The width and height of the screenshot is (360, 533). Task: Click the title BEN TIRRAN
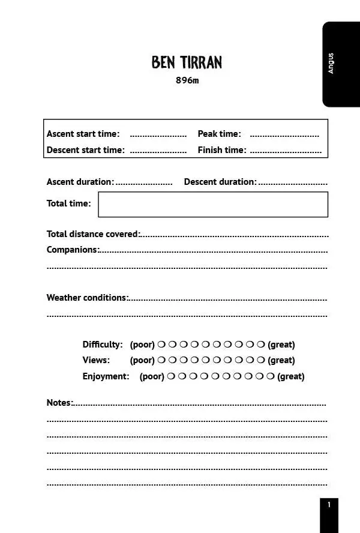click(x=187, y=62)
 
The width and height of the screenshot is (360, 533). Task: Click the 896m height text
click(x=187, y=81)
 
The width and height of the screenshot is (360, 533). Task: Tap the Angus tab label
click(x=331, y=64)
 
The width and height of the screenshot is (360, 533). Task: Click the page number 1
click(x=329, y=505)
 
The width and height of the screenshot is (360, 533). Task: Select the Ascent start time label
click(x=83, y=134)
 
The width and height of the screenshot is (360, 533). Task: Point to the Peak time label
click(x=219, y=134)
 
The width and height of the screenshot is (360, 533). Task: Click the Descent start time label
click(x=85, y=150)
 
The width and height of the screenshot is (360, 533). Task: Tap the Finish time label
click(x=221, y=150)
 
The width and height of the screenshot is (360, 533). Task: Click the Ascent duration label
click(x=80, y=182)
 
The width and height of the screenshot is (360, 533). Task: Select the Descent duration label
click(x=220, y=182)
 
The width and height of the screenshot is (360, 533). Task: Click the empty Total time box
click(x=213, y=204)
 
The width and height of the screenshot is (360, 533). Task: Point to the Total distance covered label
click(x=93, y=234)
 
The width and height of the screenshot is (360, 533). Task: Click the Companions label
click(x=73, y=250)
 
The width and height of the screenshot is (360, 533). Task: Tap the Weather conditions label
click(x=87, y=298)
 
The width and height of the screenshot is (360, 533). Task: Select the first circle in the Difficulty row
click(x=161, y=345)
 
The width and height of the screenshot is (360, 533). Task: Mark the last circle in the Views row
click(x=260, y=360)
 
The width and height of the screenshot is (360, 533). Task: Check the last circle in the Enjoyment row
click(x=270, y=376)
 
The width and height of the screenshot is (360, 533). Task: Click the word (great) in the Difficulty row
click(x=281, y=345)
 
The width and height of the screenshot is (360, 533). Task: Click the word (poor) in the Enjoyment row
click(x=152, y=376)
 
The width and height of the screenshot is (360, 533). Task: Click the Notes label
click(x=59, y=403)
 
